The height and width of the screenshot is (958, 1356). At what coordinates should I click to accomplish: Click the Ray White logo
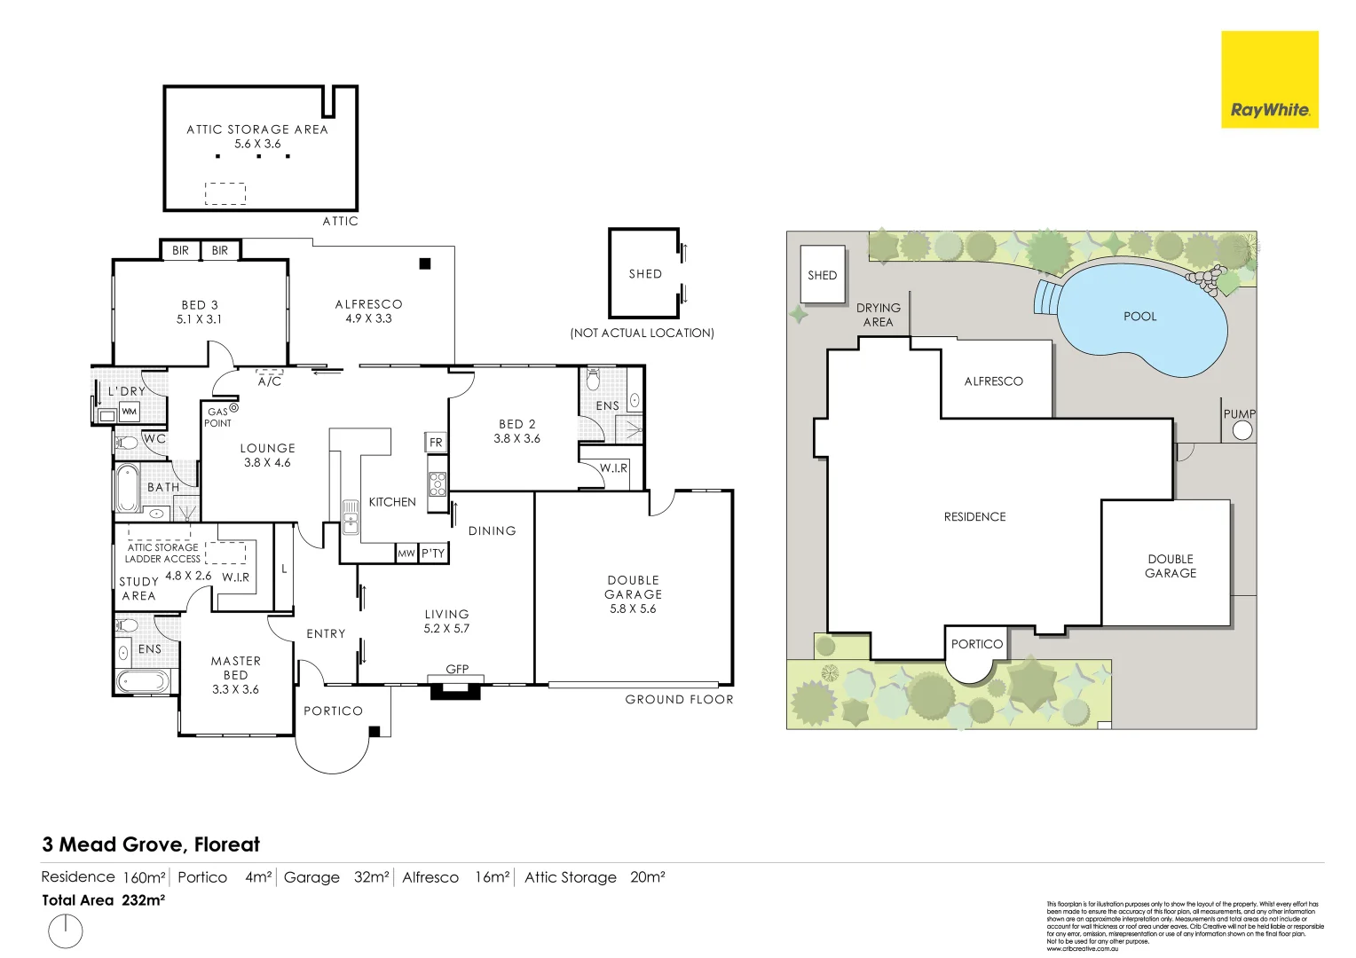point(1269,80)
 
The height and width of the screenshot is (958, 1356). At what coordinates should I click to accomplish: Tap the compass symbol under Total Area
point(65,931)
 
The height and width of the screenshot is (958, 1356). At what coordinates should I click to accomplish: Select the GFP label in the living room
point(457,669)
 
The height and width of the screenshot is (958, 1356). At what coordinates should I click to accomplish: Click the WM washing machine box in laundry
point(130,412)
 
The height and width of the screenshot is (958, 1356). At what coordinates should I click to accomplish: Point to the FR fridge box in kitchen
point(436,442)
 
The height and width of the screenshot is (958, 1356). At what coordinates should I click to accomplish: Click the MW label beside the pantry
point(406,554)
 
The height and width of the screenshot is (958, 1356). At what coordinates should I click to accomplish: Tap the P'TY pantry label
point(433,554)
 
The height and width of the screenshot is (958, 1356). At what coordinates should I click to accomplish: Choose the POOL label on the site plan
point(1139,316)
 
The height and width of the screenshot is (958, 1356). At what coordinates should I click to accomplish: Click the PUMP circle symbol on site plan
point(1242,430)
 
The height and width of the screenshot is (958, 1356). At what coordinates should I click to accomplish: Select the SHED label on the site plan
point(822,275)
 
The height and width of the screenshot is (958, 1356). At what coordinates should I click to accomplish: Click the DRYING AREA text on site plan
point(878,315)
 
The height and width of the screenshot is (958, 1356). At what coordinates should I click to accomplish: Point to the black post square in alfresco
point(425,263)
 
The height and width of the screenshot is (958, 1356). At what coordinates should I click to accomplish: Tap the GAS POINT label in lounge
point(218,418)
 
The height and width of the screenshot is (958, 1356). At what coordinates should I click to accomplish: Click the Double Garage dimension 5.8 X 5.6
point(633,609)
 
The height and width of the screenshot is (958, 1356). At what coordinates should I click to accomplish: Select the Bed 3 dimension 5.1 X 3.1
point(199,319)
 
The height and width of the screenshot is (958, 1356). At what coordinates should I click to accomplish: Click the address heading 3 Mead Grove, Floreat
point(151,844)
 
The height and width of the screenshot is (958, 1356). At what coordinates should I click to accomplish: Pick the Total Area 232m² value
point(143,899)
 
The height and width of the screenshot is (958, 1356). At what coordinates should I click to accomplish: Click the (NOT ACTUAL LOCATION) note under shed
point(642,333)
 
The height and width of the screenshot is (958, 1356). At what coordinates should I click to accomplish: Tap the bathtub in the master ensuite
point(142,681)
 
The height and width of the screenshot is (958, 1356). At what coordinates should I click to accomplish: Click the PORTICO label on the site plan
point(976,644)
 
